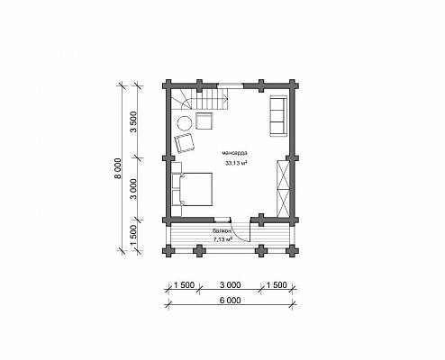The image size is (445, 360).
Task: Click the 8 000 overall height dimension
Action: tap(118, 168)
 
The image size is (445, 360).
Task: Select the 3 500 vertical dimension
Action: tap(133, 121)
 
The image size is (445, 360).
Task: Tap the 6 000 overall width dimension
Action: tap(230, 300)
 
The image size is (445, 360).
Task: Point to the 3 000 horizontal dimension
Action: tap(230, 284)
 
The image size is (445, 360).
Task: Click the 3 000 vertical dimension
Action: tap(133, 189)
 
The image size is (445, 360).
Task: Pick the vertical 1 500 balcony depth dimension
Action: tap(133, 235)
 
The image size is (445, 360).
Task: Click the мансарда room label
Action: tap(235, 153)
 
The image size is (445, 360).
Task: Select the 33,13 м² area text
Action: tap(236, 163)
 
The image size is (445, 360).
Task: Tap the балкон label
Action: tap(222, 231)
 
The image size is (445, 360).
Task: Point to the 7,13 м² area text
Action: tap(222, 239)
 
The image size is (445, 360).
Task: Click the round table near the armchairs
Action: tap(184, 123)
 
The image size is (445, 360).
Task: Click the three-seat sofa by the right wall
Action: tap(278, 115)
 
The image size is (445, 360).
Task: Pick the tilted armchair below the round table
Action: tap(185, 143)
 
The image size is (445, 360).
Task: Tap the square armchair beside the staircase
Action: tap(204, 121)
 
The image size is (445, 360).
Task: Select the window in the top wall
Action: tap(231, 85)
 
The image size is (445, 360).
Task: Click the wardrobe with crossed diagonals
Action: tap(283, 189)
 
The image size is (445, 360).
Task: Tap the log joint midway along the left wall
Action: tap(168, 158)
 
